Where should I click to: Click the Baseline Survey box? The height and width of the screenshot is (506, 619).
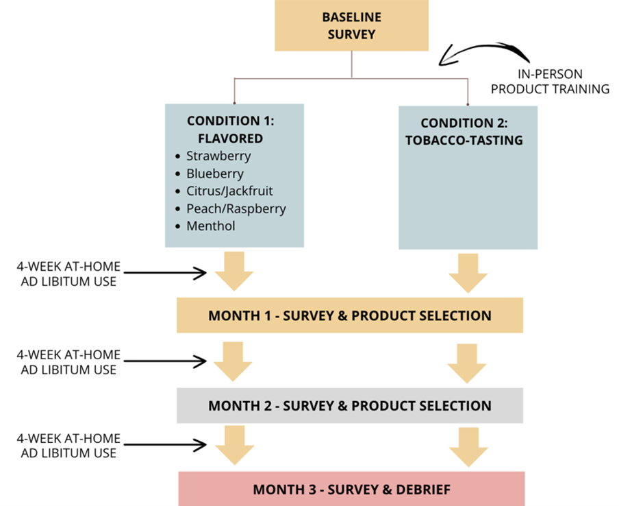[351, 25]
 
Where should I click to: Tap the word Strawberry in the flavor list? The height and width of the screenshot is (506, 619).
[218, 156]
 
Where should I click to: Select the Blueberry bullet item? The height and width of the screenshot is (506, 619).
[214, 173]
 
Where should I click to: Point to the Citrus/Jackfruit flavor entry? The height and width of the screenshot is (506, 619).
[229, 191]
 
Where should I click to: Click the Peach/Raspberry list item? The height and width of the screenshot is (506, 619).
[236, 208]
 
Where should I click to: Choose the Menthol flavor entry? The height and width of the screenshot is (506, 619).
[210, 226]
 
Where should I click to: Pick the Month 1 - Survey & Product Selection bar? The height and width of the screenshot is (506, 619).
[350, 316]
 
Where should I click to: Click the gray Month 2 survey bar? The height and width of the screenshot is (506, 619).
[350, 405]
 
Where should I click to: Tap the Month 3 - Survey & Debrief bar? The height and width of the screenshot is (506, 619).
[351, 490]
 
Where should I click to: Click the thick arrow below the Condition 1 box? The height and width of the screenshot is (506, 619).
[234, 271]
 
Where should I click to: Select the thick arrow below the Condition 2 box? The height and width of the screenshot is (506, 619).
[468, 272]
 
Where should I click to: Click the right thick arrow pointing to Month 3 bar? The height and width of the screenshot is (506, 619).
[468, 446]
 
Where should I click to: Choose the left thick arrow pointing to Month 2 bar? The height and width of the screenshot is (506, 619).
[234, 362]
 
